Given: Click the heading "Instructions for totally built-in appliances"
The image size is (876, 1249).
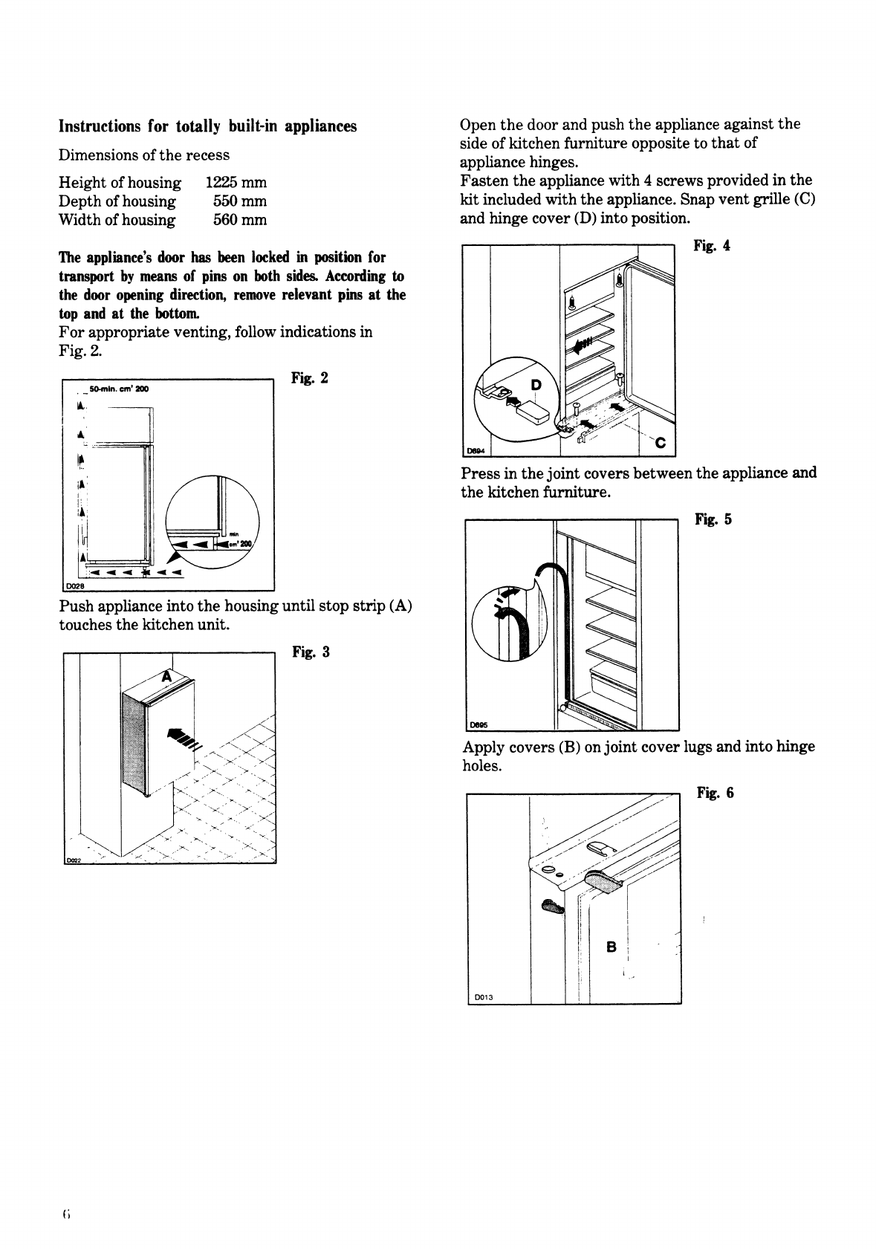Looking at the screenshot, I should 207,126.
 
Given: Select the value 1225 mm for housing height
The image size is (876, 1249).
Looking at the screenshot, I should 236,183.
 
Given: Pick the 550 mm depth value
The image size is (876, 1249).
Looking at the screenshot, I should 239,201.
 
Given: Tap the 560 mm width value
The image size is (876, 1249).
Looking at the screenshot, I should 239,220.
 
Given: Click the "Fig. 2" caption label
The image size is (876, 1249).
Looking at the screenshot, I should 309,378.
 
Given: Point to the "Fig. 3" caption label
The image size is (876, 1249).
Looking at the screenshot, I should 310,652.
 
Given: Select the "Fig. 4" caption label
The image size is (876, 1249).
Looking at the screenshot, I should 711,246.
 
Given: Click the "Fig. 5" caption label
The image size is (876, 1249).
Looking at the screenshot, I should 713,519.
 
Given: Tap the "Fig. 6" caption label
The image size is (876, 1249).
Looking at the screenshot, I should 715,793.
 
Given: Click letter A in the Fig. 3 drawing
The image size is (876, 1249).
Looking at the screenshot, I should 168,677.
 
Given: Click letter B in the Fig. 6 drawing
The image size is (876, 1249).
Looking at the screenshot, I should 611,947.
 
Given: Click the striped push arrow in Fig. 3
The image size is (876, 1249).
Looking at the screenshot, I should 184,739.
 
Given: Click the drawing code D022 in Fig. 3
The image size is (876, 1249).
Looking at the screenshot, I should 72,860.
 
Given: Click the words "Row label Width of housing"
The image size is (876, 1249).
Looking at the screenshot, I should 117,220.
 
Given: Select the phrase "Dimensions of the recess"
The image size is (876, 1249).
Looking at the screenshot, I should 144,155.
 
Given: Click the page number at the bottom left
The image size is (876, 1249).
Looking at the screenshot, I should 66,1215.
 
